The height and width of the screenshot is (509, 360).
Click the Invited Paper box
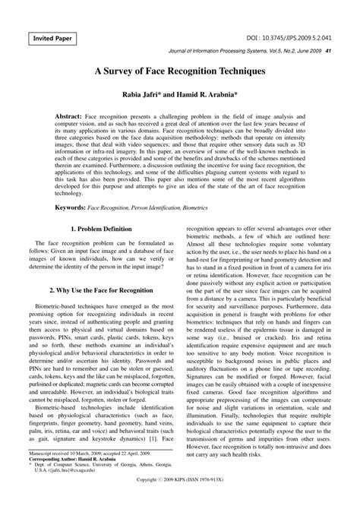53,37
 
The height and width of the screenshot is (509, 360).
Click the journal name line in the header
245,52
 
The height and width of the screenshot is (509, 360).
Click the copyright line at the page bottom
179,503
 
